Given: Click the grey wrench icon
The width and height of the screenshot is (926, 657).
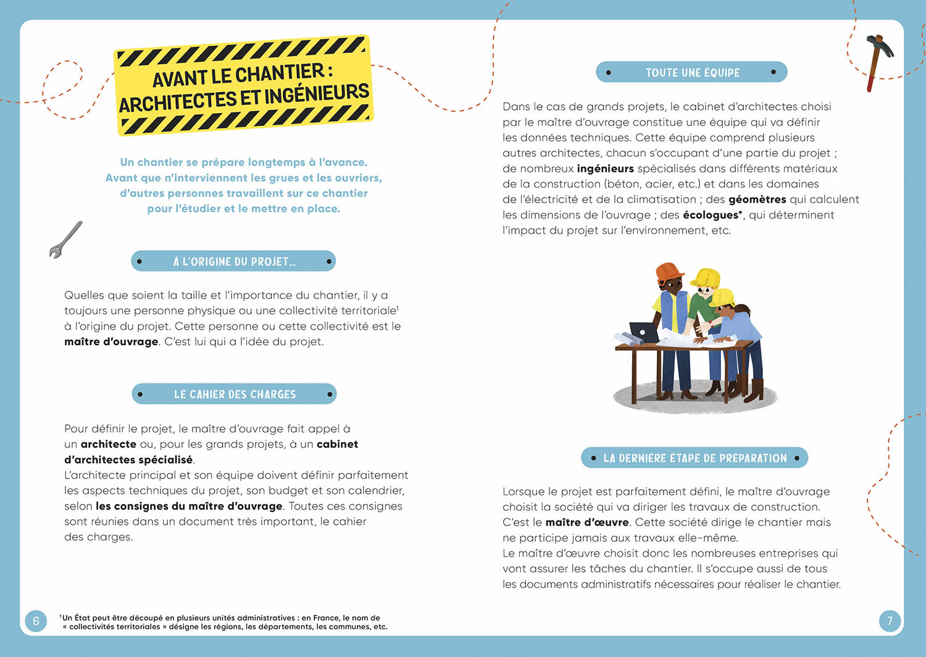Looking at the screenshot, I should [x=65, y=240].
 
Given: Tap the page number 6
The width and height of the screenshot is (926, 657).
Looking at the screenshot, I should [x=36, y=621].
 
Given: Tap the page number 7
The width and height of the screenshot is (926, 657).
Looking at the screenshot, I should [x=889, y=621].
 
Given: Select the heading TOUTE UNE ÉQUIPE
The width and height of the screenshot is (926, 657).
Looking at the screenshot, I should [x=692, y=73].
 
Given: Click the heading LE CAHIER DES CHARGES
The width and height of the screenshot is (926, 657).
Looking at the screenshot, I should [x=235, y=394].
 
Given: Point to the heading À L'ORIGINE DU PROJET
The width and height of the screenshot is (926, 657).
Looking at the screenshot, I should [x=234, y=262].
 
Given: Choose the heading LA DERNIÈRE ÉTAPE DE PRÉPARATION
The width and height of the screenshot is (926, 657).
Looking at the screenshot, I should [x=694, y=458].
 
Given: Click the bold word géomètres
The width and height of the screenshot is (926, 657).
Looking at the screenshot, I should [x=757, y=199].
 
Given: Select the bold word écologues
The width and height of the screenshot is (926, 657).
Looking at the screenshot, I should [x=711, y=215].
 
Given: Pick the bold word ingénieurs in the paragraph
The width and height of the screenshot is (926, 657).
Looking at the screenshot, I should [x=605, y=169].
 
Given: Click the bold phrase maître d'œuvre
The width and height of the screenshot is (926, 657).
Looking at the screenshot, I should [x=586, y=522].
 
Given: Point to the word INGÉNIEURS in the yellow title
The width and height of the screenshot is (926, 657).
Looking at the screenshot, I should [x=316, y=94].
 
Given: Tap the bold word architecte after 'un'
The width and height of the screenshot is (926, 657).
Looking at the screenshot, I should [x=108, y=444].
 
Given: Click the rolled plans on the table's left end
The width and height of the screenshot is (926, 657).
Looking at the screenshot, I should [x=626, y=338].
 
